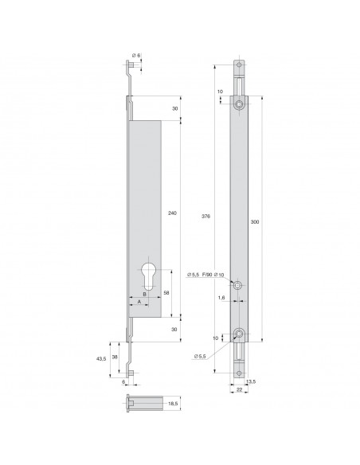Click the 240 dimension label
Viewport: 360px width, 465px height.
click(x=174, y=213)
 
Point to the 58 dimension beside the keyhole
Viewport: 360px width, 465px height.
click(x=166, y=294)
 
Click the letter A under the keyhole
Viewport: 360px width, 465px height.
click(x=139, y=302)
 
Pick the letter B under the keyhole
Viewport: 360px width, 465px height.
click(x=144, y=293)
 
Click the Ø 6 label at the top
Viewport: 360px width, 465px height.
click(x=136, y=55)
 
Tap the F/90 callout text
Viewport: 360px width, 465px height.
click(x=207, y=275)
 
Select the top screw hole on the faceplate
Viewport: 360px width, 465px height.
click(x=240, y=104)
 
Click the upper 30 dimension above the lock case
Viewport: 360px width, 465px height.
click(x=173, y=109)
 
